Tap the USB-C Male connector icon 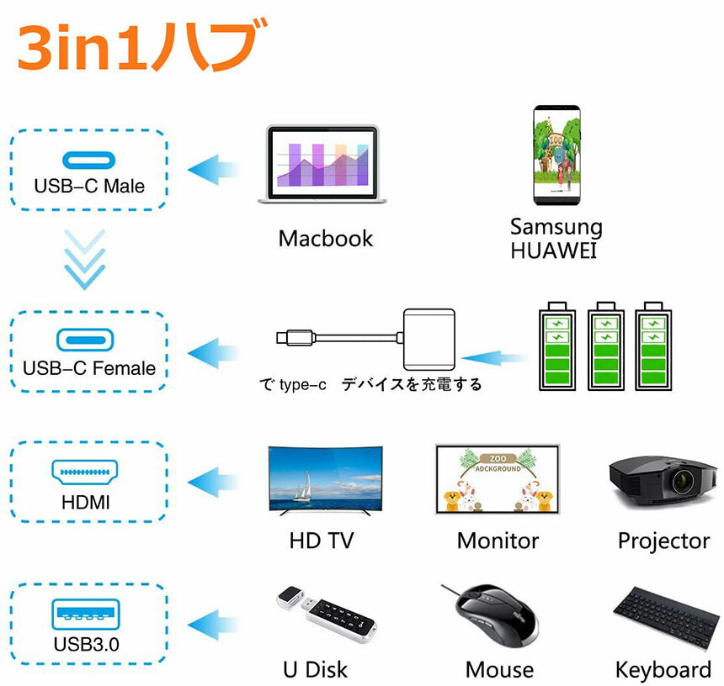(88, 161)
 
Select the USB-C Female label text (89, 368)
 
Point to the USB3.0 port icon (86, 611)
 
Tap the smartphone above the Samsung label (557, 156)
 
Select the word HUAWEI (553, 251)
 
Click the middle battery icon (604, 346)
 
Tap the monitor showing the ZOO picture (498, 479)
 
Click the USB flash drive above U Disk (325, 618)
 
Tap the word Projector (663, 541)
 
